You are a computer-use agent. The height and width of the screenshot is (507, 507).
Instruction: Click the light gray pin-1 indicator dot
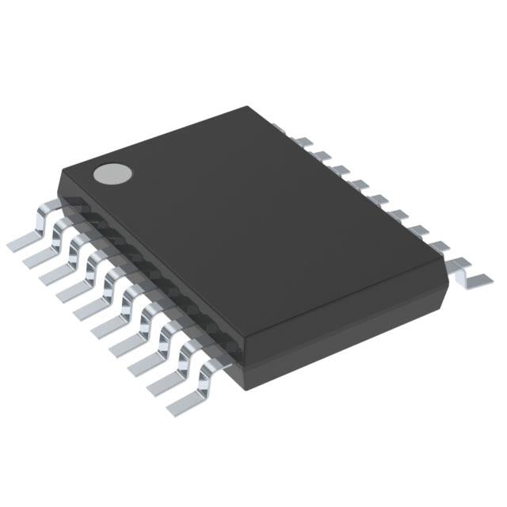[112, 173]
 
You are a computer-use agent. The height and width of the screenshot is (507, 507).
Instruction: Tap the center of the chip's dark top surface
[261, 230]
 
